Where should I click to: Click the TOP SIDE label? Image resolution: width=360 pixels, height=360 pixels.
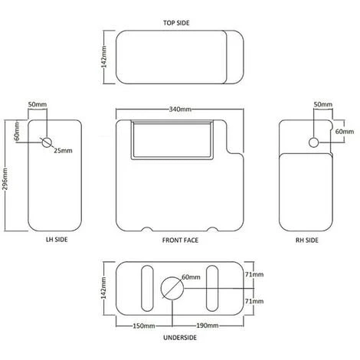click(176, 23)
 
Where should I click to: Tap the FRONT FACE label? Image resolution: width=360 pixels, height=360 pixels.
click(180, 240)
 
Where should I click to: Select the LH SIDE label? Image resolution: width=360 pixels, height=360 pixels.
click(57, 240)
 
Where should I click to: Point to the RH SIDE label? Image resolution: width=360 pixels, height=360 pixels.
click(307, 240)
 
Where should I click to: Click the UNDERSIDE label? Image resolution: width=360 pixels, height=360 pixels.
click(180, 338)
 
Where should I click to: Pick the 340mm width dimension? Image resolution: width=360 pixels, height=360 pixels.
click(180, 110)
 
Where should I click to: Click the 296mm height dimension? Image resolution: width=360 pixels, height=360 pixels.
click(5, 178)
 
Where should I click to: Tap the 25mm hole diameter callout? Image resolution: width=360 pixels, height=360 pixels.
click(63, 151)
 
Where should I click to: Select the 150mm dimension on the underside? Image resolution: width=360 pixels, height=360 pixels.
click(144, 326)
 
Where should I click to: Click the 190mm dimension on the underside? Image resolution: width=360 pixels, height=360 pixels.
click(208, 326)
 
